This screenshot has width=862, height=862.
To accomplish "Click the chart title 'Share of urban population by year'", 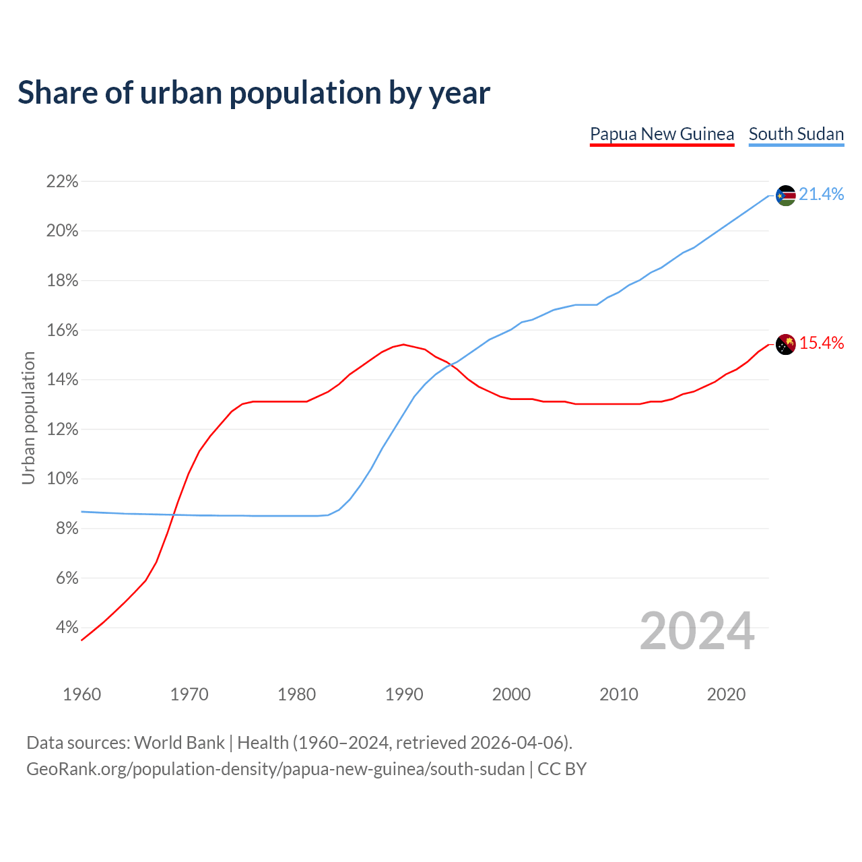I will pyautogui.click(x=254, y=92).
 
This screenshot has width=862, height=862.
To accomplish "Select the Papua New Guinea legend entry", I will pyautogui.click(x=661, y=134).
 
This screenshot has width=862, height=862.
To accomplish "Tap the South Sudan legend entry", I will pyautogui.click(x=796, y=134).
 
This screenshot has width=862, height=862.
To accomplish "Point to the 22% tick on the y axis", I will pyautogui.click(x=63, y=181).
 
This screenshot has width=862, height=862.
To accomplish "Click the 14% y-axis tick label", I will pyautogui.click(x=63, y=380).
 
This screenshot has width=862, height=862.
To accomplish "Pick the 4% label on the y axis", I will pyautogui.click(x=67, y=628).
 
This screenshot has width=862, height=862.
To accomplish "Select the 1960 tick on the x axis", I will pyautogui.click(x=81, y=694).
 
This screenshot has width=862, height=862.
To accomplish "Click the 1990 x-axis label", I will pyautogui.click(x=404, y=694).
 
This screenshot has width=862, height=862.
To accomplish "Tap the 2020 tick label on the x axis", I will pyautogui.click(x=726, y=694).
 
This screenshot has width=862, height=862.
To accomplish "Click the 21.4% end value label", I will pyautogui.click(x=821, y=195).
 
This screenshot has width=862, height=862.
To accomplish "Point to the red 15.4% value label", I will pyautogui.click(x=821, y=343).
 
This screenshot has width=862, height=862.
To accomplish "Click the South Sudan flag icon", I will pyautogui.click(x=785, y=195).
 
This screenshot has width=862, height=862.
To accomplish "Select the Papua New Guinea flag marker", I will pyautogui.click(x=785, y=344).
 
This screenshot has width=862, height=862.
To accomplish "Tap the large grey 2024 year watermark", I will pyautogui.click(x=697, y=631).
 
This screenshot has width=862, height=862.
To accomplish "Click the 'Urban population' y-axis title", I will pyautogui.click(x=28, y=418).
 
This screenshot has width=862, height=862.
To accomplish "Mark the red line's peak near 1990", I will pyautogui.click(x=403, y=344).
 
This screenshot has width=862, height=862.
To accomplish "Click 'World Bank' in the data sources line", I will pyautogui.click(x=179, y=743).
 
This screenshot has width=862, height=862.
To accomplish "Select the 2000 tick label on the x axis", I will pyautogui.click(x=511, y=694).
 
